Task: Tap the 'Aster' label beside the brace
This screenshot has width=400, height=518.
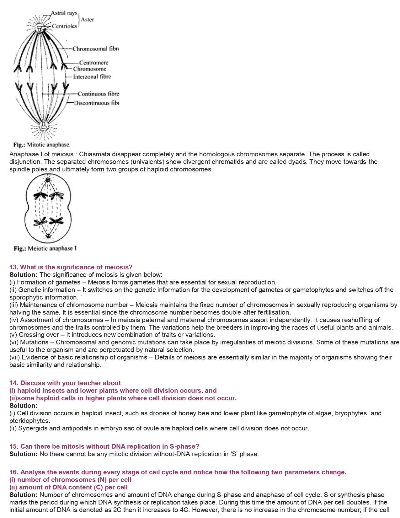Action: [87, 20]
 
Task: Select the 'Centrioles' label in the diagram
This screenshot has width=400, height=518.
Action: [64, 26]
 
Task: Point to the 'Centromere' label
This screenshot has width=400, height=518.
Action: [93, 63]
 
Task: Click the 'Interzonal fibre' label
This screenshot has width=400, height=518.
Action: [92, 77]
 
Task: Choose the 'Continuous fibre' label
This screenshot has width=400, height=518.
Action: [99, 94]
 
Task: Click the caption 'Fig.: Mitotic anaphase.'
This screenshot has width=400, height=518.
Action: [42, 145]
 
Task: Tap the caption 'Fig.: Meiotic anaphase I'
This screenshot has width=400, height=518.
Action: [45, 249]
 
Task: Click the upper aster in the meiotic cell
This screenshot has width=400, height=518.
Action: [48, 180]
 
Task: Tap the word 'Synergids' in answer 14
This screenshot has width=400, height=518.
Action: [32, 428]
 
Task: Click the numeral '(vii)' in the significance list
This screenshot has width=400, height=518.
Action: [14, 357]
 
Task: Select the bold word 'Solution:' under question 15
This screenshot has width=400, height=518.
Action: [23, 454]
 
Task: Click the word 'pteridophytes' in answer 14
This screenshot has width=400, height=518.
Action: [29, 421]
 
